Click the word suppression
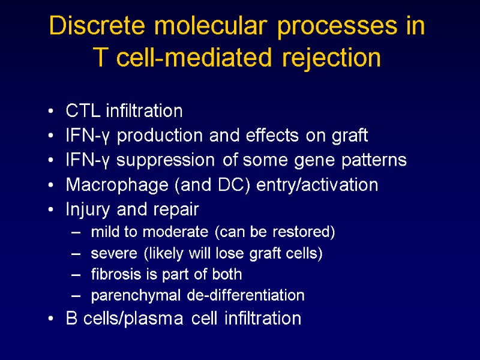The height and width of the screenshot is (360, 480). coord(165,161)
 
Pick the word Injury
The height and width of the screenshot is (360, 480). coord(85,210)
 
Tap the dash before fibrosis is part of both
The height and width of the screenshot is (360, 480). coord(74,275)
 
